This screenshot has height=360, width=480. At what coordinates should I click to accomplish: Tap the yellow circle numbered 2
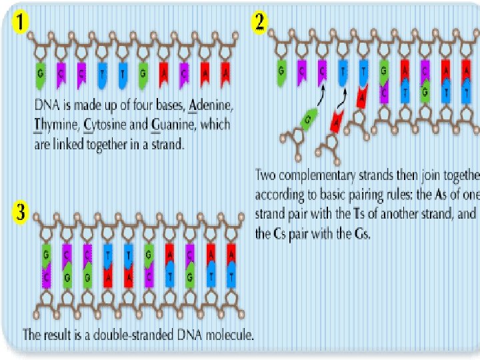[259, 22]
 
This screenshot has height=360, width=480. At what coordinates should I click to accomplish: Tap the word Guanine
[168, 124]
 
